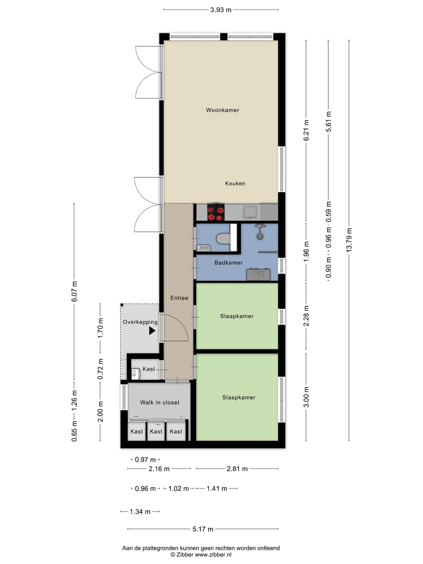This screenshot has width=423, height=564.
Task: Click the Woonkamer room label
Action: pos(222,110)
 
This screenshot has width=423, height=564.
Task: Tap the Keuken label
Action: pos(235,183)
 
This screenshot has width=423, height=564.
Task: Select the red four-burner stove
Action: pos(216,212)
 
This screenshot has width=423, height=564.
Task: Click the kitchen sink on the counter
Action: pos(250,213)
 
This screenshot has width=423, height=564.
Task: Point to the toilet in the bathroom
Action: pos(223,239)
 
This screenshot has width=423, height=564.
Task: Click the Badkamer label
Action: pos(229,262)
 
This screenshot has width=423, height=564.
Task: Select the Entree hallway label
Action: pos(179,298)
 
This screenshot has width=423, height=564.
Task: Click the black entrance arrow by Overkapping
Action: pos(152,331)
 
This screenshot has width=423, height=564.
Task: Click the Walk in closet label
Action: pos(159,402)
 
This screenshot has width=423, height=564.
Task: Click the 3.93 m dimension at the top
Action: pos(221,10)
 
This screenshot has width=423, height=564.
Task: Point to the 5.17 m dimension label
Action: pos(203,529)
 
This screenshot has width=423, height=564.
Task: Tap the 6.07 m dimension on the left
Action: pos(74,291)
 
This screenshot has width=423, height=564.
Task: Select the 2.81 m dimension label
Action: pos(237,469)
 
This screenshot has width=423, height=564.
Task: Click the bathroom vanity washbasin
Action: pos(258,275)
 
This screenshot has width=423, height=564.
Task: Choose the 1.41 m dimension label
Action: pos(217,488)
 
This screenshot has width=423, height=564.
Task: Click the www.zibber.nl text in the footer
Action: pos(213,555)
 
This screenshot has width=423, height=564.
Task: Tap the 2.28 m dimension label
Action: pos(306,316)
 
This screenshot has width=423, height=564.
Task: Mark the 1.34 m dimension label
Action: pos(140,512)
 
